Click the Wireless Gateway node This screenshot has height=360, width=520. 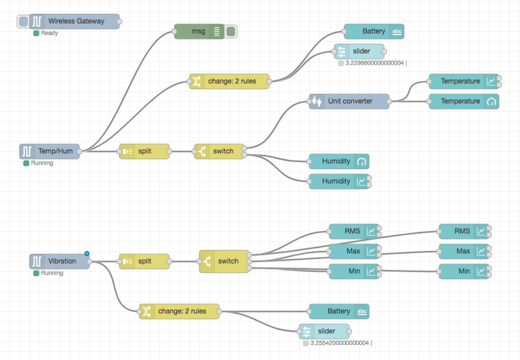click(75, 22)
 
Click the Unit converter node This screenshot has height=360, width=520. click(349, 101)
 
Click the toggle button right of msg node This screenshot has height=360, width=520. click(231, 32)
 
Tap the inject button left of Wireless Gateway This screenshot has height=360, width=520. click(23, 22)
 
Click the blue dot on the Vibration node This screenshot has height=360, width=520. click(87, 253)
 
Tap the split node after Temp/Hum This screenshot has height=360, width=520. click(144, 151)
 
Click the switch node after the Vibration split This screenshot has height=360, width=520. click(224, 261)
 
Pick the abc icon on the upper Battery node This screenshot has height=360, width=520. click(397, 32)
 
